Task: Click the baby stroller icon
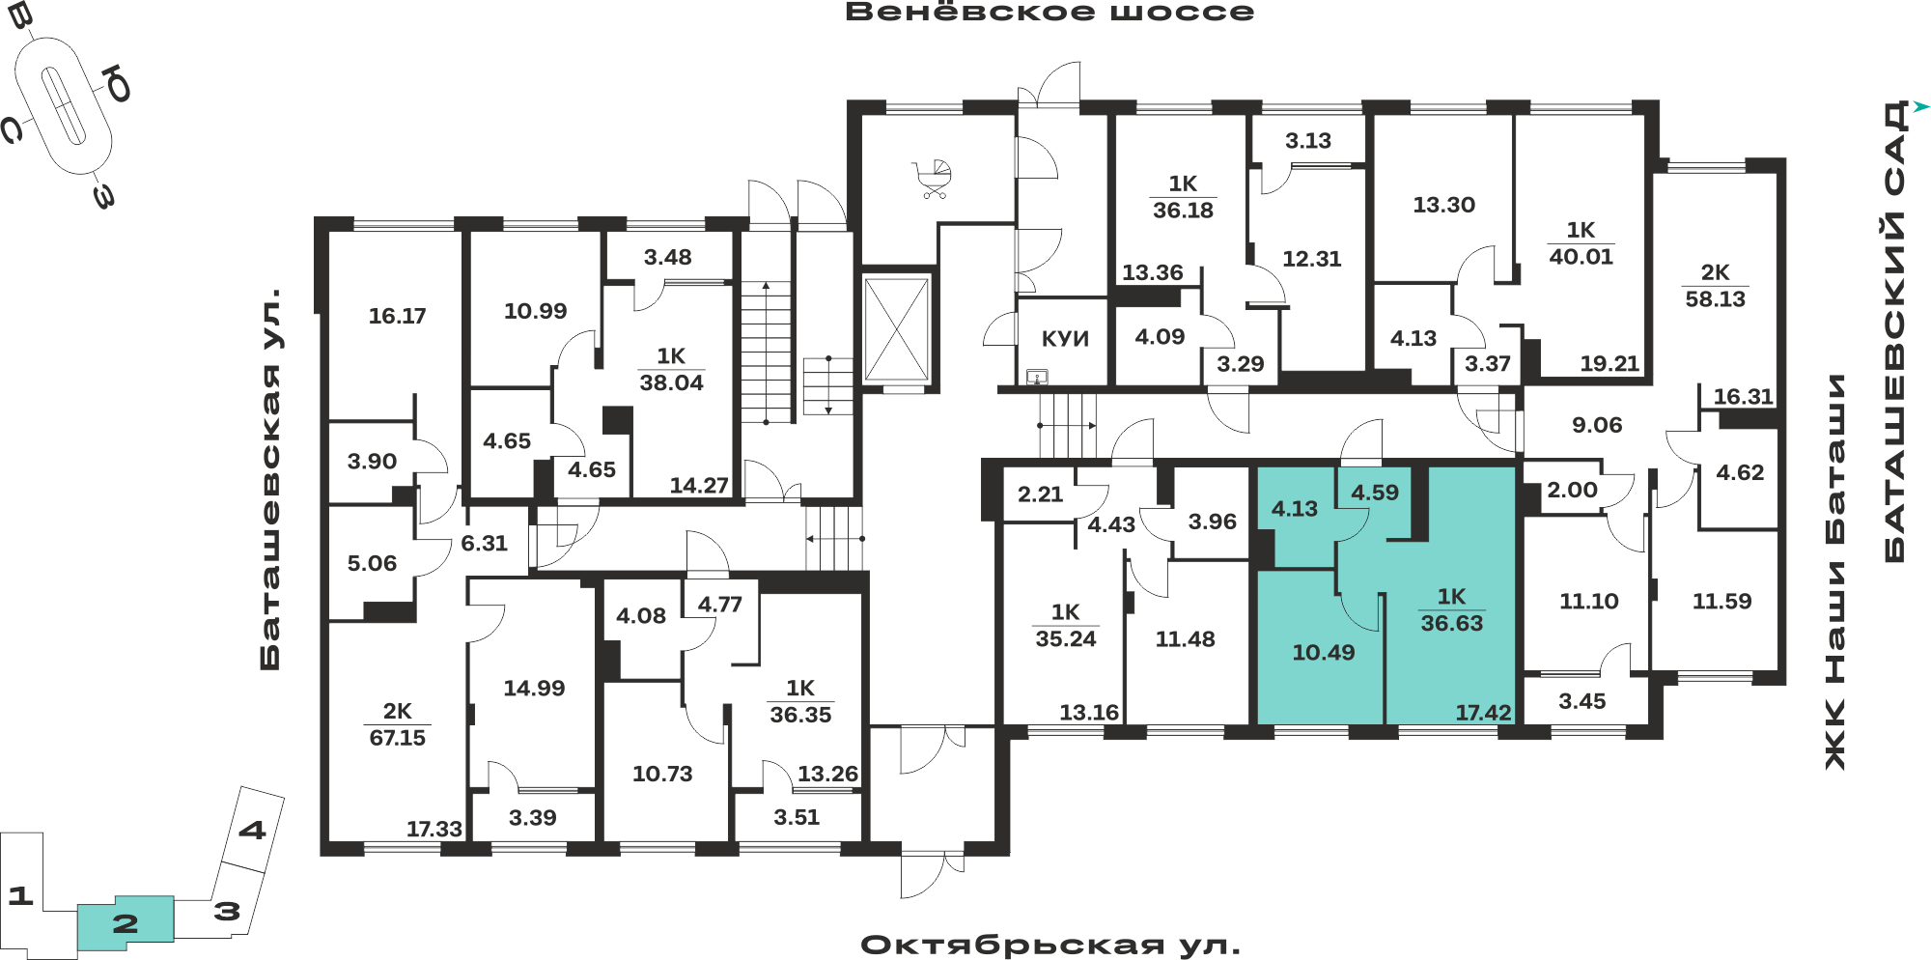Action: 933,180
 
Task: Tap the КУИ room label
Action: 1065,339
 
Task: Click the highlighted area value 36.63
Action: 1451,623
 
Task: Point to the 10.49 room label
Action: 1323,653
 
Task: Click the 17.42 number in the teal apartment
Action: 1483,713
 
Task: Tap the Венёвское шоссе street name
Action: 1049,13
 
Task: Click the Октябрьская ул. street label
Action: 1050,945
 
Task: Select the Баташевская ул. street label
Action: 271,479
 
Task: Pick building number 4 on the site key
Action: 253,830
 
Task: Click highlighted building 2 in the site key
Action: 126,923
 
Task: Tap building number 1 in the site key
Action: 20,895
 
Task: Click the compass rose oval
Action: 64,105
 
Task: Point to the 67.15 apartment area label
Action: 397,738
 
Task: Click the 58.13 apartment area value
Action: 1715,299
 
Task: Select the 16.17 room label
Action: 397,316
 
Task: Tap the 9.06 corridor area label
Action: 1597,425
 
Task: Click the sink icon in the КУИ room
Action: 1037,377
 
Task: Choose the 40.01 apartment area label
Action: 1581,257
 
